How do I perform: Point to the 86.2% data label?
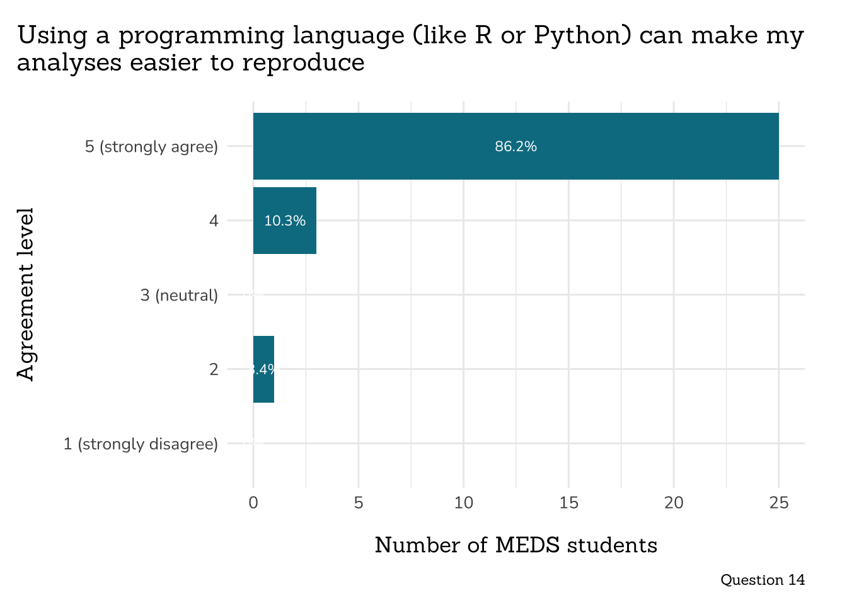[516, 147]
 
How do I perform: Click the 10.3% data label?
[285, 221]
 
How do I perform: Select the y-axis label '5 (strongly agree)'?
[151, 147]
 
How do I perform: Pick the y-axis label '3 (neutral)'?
[179, 295]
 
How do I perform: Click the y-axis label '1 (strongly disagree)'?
[141, 444]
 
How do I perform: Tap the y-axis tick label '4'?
[214, 221]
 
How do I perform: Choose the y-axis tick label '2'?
[214, 369]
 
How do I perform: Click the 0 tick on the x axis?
[253, 503]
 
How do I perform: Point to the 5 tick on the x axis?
[359, 503]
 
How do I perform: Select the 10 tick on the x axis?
[464, 503]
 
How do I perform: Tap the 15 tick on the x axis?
[568, 503]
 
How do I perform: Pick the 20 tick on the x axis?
[674, 503]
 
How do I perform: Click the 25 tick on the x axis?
[779, 503]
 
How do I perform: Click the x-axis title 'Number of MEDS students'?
[516, 545]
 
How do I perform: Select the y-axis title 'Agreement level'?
[25, 294]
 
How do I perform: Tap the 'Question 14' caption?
[763, 580]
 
